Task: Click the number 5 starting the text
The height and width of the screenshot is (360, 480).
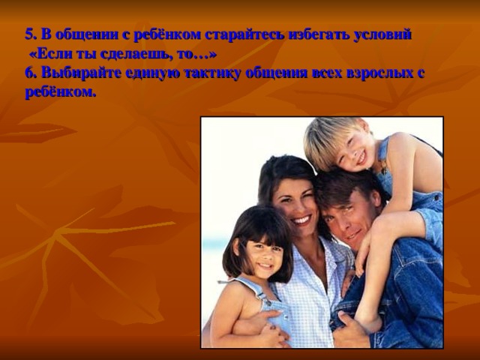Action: (28, 34)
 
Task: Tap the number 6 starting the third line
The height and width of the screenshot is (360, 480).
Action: (28, 73)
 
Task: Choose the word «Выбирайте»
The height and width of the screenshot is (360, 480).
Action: (76, 73)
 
